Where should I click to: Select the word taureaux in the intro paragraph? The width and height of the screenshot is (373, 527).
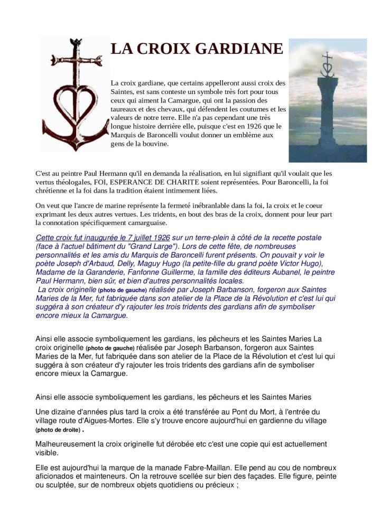click(x=124, y=109)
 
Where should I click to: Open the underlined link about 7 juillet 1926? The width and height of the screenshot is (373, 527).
click(x=102, y=238)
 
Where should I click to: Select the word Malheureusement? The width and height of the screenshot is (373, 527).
click(x=66, y=444)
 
